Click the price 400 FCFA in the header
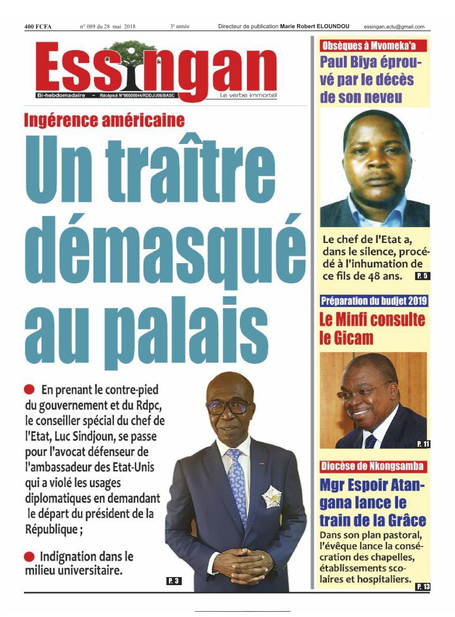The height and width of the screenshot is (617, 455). (x=38, y=26)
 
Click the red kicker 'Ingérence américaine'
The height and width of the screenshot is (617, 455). (x=104, y=120)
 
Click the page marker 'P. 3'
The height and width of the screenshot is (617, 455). (x=174, y=580)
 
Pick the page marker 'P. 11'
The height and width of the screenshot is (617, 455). (x=423, y=444)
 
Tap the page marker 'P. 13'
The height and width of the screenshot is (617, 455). (x=423, y=587)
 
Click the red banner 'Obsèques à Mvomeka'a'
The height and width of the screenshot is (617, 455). (x=373, y=46)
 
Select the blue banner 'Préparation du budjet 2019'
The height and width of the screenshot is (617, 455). (x=374, y=301)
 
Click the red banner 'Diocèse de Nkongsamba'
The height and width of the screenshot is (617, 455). (x=372, y=466)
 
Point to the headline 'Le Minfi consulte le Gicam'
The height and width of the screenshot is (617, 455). (x=372, y=328)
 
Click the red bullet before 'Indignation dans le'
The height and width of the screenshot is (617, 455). (x=29, y=557)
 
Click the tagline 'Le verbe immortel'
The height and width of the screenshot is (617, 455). (x=248, y=95)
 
